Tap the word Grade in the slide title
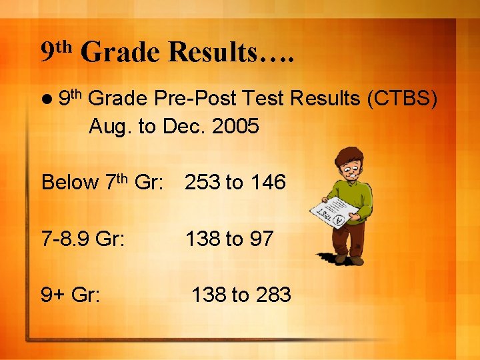[121, 52]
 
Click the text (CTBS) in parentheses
[403, 99]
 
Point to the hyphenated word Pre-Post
[197, 99]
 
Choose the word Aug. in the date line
[110, 126]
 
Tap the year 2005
[235, 126]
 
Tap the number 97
[261, 239]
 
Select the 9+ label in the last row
[53, 294]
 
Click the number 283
[273, 294]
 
